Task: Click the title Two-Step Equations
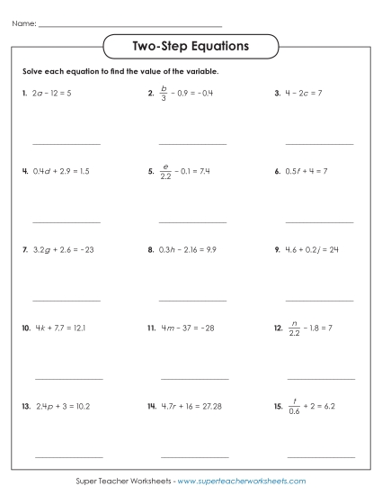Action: pyautogui.click(x=191, y=44)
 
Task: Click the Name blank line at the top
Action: pyautogui.click(x=130, y=25)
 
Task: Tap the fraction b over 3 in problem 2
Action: pyautogui.click(x=164, y=93)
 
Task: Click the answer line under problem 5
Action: pyautogui.click(x=192, y=221)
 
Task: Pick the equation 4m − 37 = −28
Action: pyautogui.click(x=191, y=328)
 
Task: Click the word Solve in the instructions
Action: pyautogui.click(x=33, y=70)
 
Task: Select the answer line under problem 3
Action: pyautogui.click(x=319, y=143)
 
